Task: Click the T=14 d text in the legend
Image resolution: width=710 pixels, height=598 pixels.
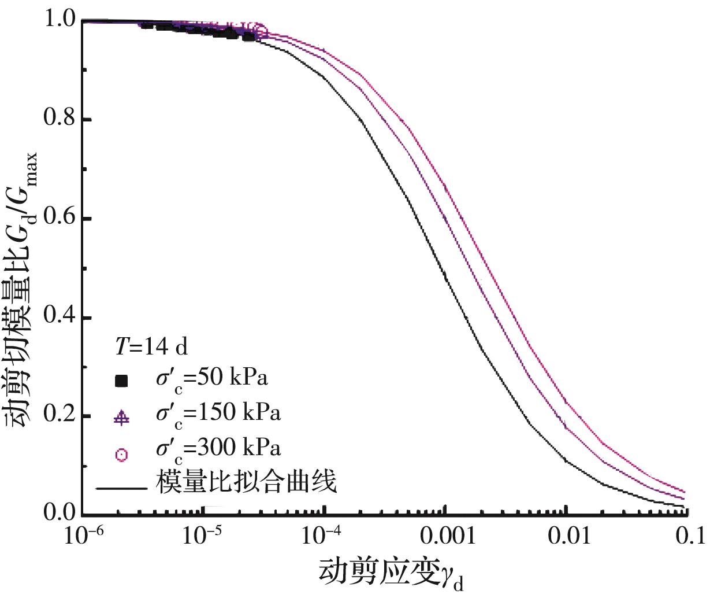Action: click(x=151, y=346)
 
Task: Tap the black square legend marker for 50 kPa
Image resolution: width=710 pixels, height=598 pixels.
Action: click(x=121, y=381)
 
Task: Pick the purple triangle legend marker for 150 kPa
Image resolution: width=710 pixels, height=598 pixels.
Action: click(x=121, y=417)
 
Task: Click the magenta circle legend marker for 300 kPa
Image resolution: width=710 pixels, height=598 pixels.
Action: click(x=121, y=455)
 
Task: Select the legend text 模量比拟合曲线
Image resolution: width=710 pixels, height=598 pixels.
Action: click(x=246, y=482)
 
